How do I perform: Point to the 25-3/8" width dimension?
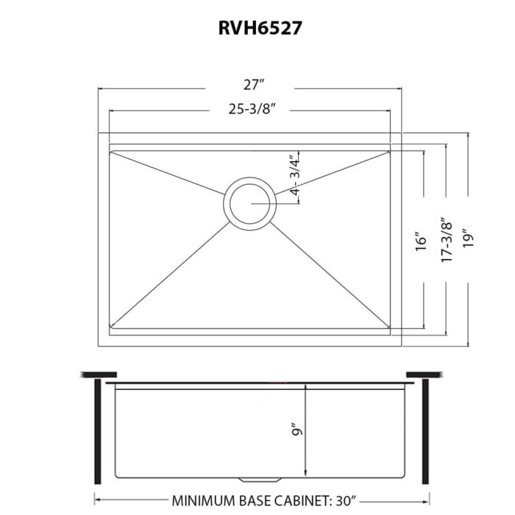click(x=250, y=111)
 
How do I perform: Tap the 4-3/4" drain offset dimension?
click(x=294, y=175)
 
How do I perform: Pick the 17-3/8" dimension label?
click(x=444, y=240)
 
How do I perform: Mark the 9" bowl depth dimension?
click(x=295, y=430)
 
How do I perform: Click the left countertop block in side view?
click(x=91, y=375)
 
